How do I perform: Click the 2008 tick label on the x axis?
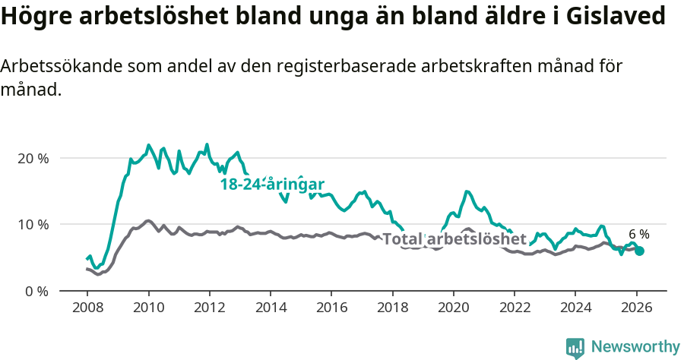[87, 308]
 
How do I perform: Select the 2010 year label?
[148, 308]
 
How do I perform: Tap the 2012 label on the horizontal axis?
[209, 308]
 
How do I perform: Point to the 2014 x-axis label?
[270, 308]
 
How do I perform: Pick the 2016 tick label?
[331, 308]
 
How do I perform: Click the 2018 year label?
[392, 308]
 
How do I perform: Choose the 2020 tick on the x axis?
[454, 308]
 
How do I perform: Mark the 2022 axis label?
[515, 308]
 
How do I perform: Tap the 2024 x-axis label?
[575, 308]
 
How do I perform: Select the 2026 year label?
[637, 308]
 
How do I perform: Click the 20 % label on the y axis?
[32, 158]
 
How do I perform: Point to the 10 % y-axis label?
[32, 224]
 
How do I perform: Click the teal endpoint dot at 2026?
[640, 251]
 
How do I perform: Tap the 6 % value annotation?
[638, 234]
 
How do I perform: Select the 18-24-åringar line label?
[273, 184]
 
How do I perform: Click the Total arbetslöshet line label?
[454, 239]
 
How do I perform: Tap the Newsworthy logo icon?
[575, 347]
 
